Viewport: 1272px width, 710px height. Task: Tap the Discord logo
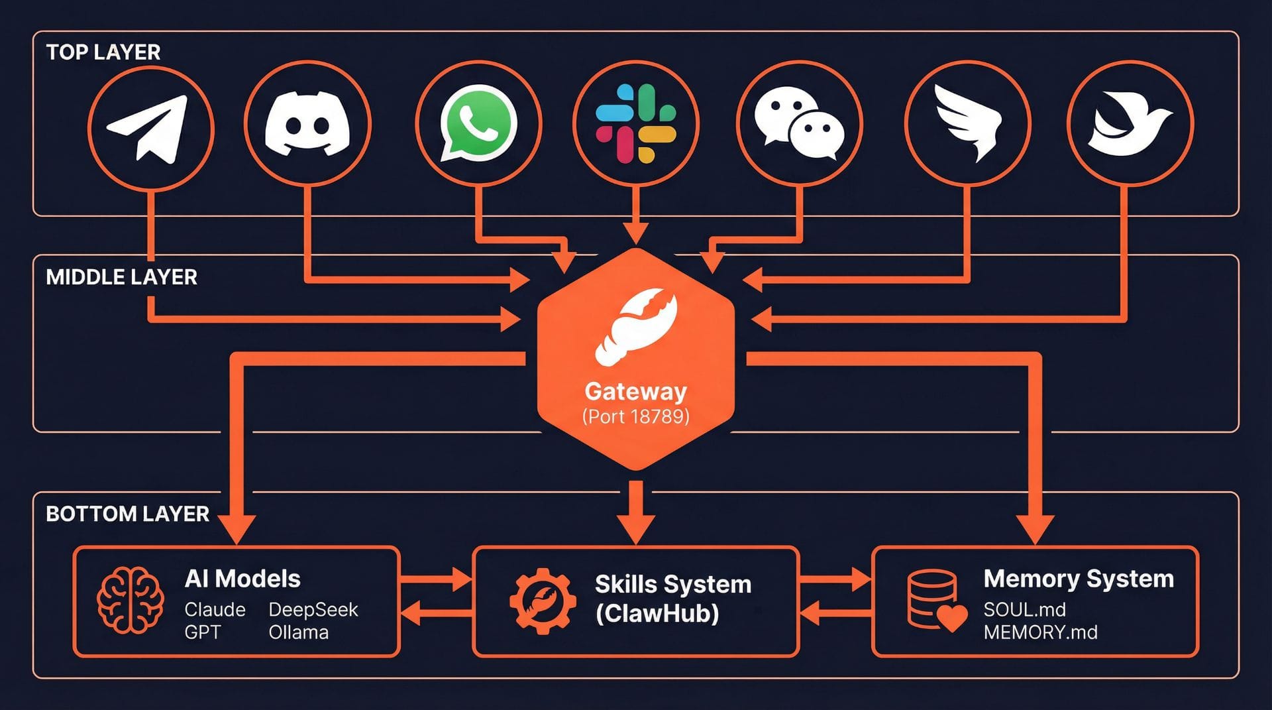pos(307,124)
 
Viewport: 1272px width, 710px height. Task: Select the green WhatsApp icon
pos(478,123)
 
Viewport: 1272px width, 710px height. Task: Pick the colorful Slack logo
pos(635,124)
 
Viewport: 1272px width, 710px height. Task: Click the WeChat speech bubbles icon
pos(799,124)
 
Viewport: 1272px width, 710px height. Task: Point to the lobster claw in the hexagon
pos(637,327)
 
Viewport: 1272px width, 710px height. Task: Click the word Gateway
pos(635,391)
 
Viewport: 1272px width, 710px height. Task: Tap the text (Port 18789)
pos(635,416)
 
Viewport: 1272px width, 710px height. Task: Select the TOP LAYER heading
pos(103,52)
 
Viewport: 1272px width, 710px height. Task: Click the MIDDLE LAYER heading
pos(122,277)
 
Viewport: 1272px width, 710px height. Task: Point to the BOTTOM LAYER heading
pos(127,514)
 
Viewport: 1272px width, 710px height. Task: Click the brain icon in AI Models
pos(131,601)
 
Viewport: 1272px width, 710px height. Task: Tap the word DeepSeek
pos(313,609)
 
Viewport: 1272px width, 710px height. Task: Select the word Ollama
pos(298,632)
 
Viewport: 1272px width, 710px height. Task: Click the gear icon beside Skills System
pos(543,601)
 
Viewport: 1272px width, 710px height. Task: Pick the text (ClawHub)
pos(657,613)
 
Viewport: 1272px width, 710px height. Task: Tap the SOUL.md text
pos(1024,609)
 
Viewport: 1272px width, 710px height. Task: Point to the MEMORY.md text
pos(1040,632)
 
